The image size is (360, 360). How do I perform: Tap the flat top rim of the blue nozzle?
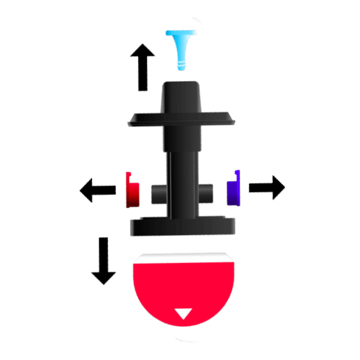pyautogui.click(x=182, y=33)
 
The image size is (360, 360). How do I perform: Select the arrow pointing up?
pyautogui.click(x=143, y=66)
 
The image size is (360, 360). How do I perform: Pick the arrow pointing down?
pyautogui.click(x=104, y=261)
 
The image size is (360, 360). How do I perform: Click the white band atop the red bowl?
pyautogui.click(x=182, y=257)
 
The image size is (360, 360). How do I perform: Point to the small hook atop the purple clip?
pyautogui.click(x=238, y=173)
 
